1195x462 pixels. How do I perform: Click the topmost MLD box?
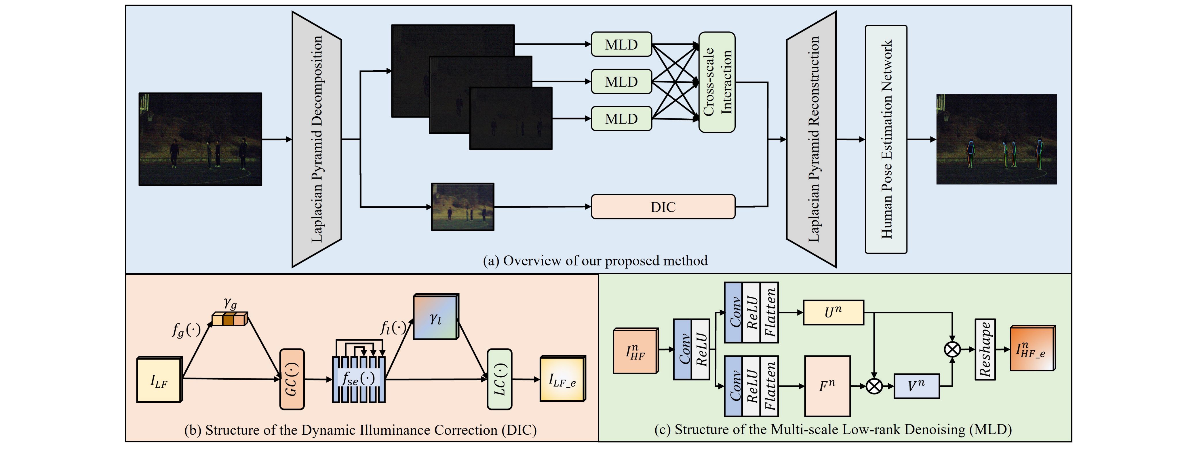pos(621,45)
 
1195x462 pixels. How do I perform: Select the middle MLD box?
pos(621,82)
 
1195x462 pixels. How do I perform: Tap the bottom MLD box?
pos(621,119)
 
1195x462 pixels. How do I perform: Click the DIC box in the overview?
pos(663,207)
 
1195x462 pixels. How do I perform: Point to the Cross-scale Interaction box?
pos(717,82)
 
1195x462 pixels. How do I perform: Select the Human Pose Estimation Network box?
pos(886,139)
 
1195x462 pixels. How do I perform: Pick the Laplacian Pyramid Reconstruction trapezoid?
pos(811,139)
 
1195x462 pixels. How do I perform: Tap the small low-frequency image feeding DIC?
pos(463,207)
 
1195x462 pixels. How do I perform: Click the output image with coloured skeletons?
pos(996,139)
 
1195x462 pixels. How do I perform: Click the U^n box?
pos(833,313)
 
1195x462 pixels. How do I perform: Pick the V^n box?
pos(916,386)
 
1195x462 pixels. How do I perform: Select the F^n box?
pos(827,386)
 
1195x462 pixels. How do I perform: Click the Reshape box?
pos(985,349)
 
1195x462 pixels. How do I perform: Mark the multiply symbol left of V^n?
pos(874,386)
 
